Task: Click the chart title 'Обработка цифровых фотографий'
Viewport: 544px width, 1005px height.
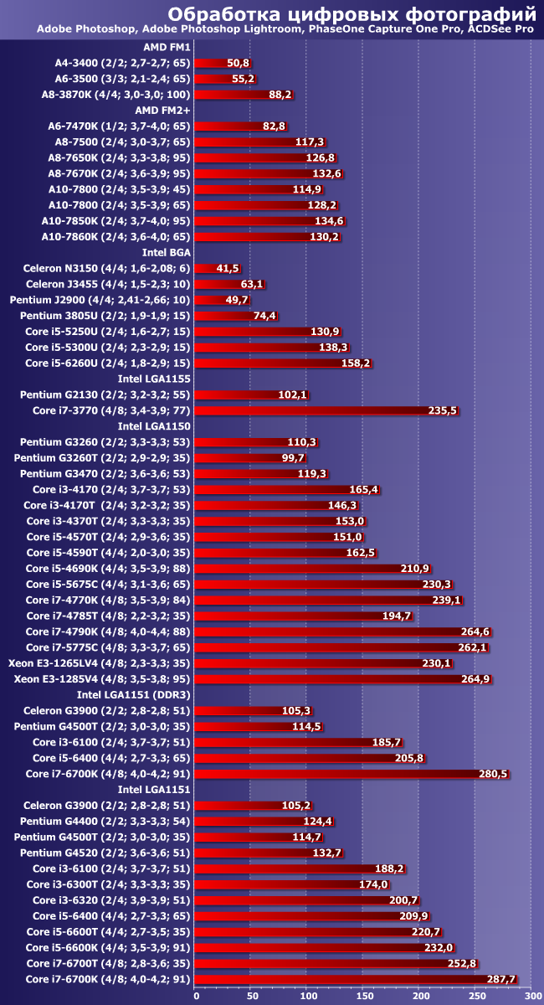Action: click(352, 13)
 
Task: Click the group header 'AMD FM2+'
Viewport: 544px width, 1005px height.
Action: click(165, 110)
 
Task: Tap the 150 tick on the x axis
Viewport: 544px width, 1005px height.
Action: click(364, 995)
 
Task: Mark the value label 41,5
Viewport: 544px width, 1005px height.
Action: click(228, 268)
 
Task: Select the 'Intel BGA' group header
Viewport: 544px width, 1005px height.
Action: click(165, 252)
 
